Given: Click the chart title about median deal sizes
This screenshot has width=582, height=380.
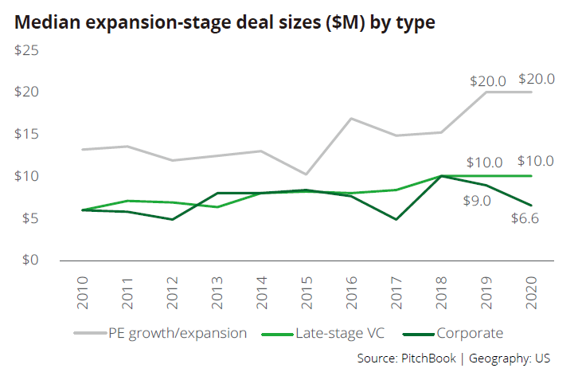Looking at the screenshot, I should tap(225, 22).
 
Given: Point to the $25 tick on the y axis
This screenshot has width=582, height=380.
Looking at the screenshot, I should tap(28, 50).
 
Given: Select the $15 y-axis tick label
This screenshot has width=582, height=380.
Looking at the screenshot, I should tap(28, 134).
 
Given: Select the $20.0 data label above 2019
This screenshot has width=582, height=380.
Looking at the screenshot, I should tap(488, 80).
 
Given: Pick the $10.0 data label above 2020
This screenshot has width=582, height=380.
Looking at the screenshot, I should tap(536, 161).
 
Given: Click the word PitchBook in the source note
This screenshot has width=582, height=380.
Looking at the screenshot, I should tap(427, 358).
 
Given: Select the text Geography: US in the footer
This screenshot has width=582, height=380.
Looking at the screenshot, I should tap(509, 358).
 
